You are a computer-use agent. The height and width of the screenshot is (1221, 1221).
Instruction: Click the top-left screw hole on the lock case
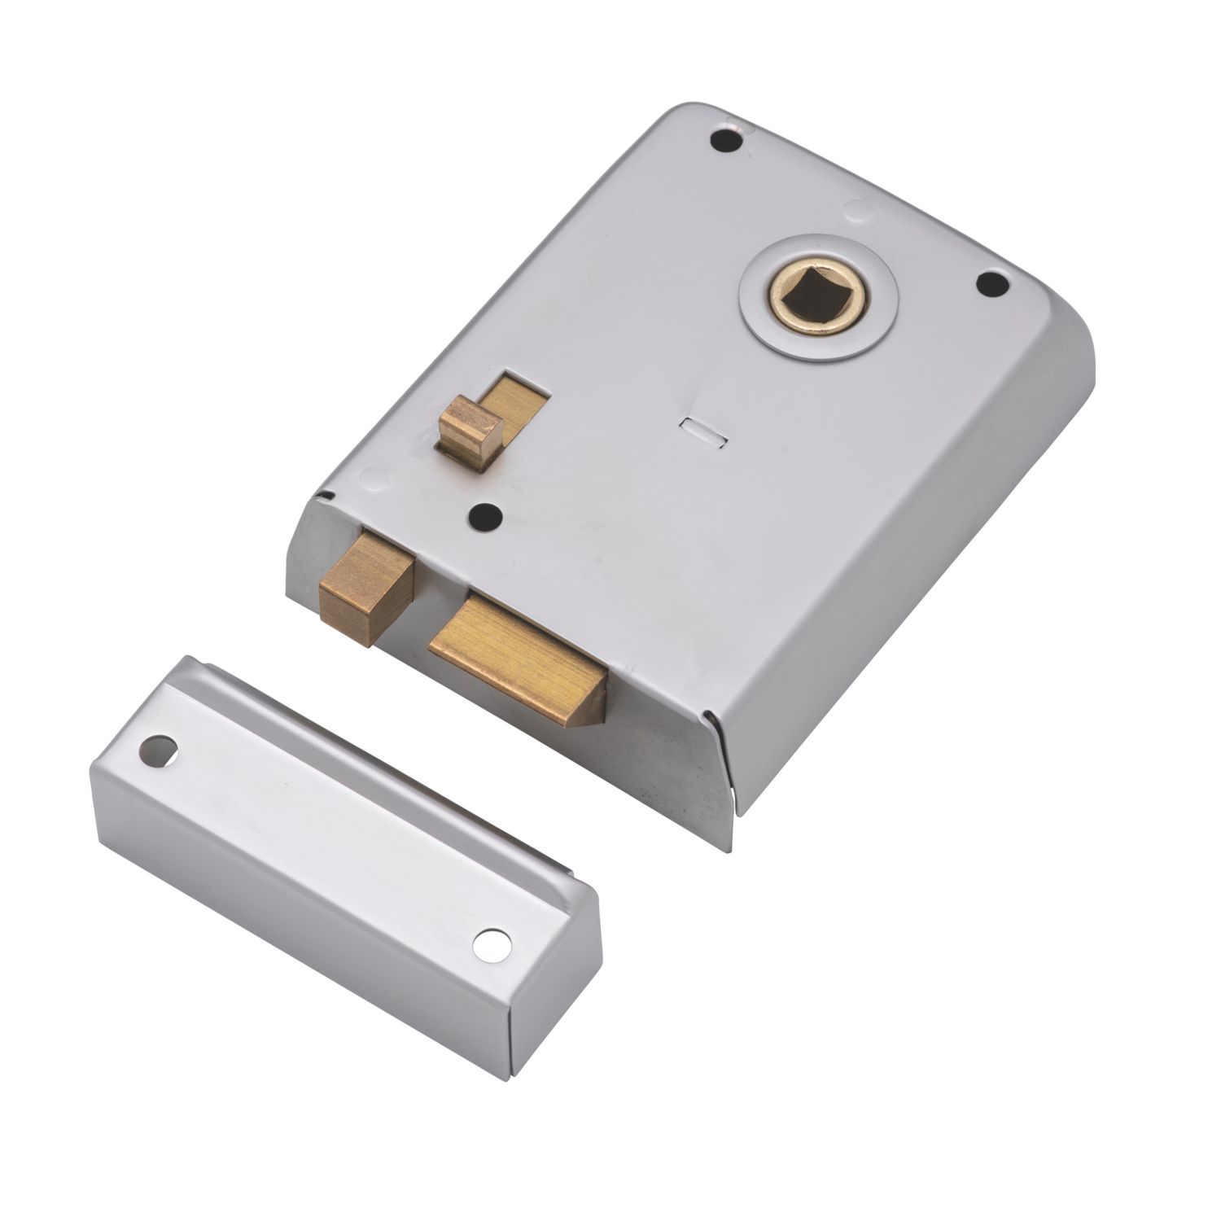pos(727,140)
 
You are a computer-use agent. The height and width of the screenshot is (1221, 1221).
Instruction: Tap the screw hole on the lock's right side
pos(991,283)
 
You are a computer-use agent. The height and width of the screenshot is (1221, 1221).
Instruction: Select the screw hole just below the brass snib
pos(486,515)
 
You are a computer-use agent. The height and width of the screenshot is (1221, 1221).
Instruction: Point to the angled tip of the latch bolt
pos(590,708)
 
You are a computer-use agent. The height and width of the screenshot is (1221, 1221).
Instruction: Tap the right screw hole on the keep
pos(492,944)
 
